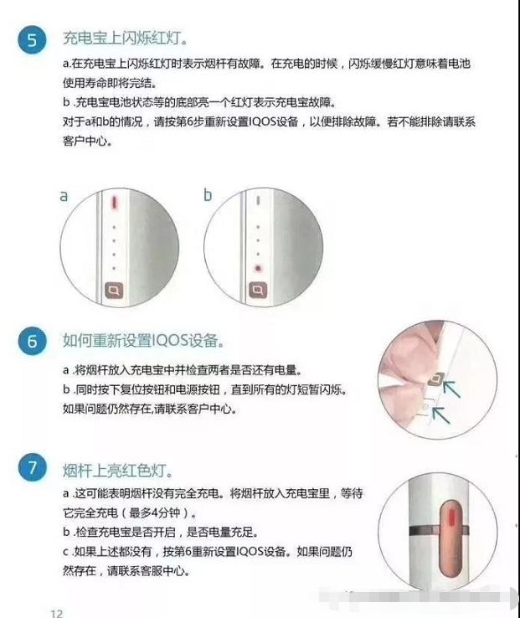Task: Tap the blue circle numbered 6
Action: [x=32, y=342]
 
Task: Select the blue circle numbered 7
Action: [x=32, y=468]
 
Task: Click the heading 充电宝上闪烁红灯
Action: [x=125, y=39]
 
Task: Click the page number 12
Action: [x=57, y=613]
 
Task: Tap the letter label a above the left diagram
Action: [x=63, y=196]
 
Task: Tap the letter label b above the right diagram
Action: [x=209, y=196]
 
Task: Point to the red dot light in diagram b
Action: [x=258, y=269]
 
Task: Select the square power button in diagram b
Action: [x=258, y=291]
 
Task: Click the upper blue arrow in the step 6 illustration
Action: [x=453, y=386]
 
